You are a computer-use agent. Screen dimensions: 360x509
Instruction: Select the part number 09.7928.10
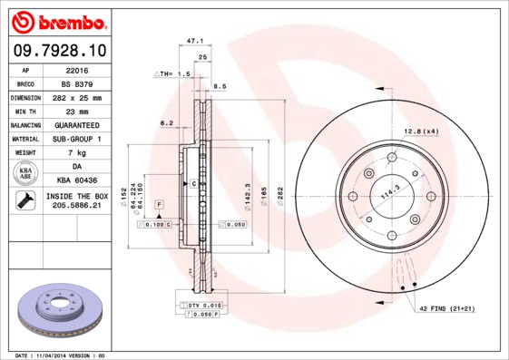[x=61, y=52]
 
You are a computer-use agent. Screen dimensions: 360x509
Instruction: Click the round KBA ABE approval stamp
[x=25, y=174]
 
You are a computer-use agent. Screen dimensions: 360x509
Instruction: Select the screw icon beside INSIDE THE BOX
[x=24, y=201]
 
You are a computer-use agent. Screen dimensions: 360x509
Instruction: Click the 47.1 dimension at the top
[x=192, y=41]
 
